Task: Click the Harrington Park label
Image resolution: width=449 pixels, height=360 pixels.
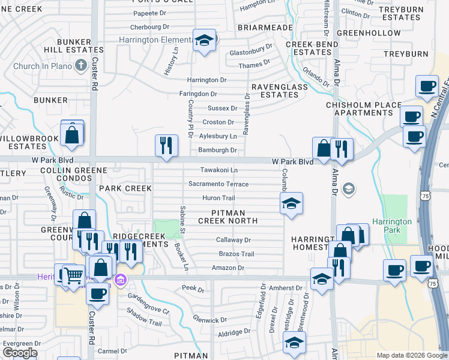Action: (392, 226)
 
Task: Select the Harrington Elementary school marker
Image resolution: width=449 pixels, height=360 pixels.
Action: (205, 41)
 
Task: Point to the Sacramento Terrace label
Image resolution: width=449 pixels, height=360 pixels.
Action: (218, 184)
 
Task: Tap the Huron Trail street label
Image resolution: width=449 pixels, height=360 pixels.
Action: (219, 198)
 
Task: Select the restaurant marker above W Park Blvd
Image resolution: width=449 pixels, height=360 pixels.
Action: (166, 145)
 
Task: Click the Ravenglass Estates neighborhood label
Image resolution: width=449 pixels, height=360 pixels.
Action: (271, 91)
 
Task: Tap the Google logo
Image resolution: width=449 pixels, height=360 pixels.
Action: (20, 353)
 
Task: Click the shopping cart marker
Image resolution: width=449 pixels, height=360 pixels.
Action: (74, 275)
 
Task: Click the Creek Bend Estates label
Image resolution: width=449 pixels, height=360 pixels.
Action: (313, 49)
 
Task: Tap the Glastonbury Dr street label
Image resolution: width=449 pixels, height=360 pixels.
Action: (251, 53)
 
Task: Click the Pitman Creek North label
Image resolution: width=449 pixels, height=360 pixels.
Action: (235, 217)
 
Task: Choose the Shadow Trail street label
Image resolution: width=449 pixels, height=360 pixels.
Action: (144, 318)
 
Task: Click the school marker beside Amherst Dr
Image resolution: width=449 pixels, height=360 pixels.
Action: (321, 278)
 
